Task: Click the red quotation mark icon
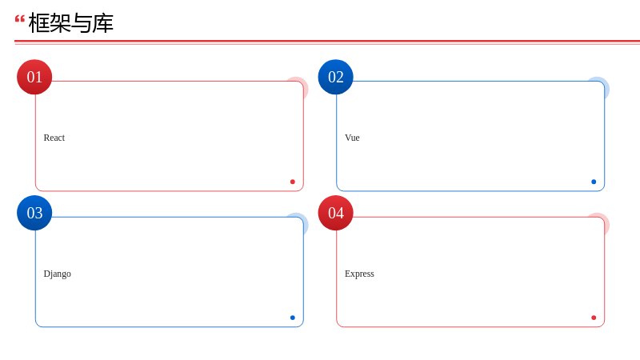click(x=19, y=18)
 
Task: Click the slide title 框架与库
click(x=70, y=23)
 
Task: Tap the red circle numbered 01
click(x=34, y=77)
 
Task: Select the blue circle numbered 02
click(x=335, y=77)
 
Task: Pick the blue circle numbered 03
click(x=34, y=213)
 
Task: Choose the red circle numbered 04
click(x=335, y=213)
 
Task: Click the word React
click(x=54, y=138)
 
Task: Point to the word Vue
click(x=352, y=138)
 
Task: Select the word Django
click(x=57, y=274)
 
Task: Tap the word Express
click(x=359, y=274)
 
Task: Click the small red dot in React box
click(x=293, y=182)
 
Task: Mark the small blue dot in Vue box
click(x=594, y=182)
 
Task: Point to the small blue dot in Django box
click(x=293, y=318)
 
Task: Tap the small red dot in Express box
click(x=594, y=318)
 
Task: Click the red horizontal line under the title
click(x=327, y=42)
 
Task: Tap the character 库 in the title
click(x=103, y=23)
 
